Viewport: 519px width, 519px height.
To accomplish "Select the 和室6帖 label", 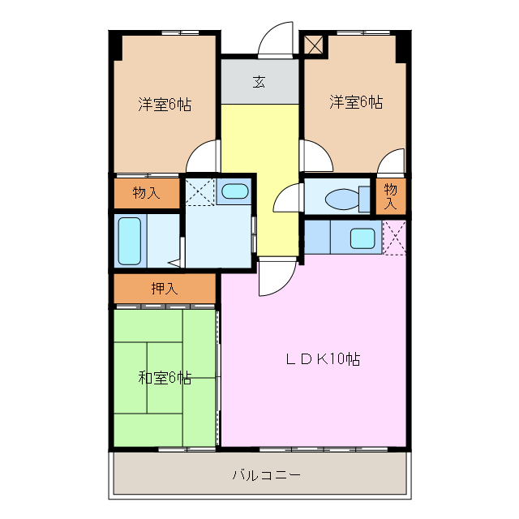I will click(x=164, y=378).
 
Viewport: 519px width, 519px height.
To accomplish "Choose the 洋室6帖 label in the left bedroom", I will click(x=164, y=104).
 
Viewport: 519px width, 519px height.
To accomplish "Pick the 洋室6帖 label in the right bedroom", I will click(x=355, y=102).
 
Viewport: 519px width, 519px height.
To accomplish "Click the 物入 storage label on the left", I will click(x=145, y=192).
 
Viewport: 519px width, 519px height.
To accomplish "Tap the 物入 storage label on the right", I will click(x=390, y=195).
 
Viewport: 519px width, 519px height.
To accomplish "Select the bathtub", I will click(x=130, y=241).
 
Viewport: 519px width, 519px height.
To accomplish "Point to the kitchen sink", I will click(x=362, y=238).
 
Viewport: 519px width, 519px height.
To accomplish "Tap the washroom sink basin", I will click(x=235, y=191).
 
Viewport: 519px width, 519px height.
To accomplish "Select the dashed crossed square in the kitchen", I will click(x=394, y=237).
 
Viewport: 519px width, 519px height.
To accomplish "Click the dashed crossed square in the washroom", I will click(x=199, y=191).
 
